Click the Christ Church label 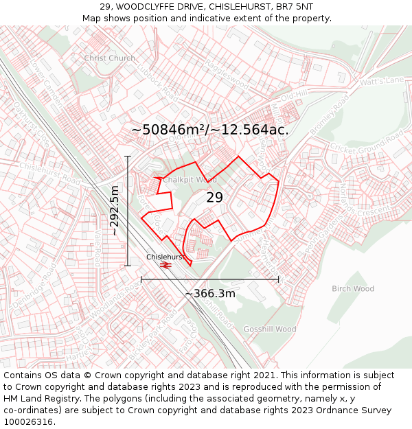[109, 58]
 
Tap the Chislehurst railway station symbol [165, 265]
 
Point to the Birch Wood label [353, 289]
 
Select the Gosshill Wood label [270, 329]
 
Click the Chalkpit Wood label [190, 180]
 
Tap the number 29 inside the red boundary [215, 198]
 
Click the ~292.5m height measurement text [114, 211]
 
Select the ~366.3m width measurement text [210, 294]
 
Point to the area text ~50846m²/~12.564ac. [209, 130]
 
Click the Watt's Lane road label [382, 81]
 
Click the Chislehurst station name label [165, 257]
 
